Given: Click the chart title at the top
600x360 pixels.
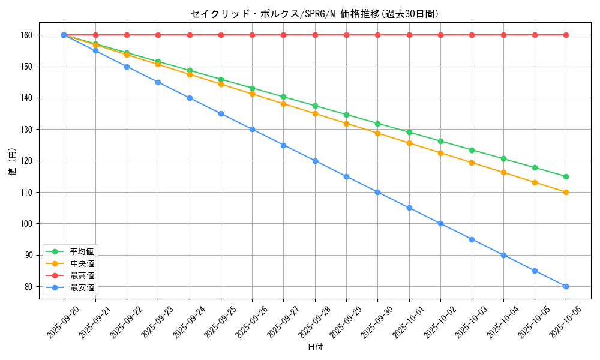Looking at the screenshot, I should point(319,14).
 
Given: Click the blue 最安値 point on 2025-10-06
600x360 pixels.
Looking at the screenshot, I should point(566,286).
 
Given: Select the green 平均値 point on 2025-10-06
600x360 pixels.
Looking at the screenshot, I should point(566,176).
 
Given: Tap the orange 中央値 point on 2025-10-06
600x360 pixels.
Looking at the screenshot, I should point(566,192).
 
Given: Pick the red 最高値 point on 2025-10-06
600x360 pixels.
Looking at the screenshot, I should point(566,35).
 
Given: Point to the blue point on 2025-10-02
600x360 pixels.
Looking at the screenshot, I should point(440,223).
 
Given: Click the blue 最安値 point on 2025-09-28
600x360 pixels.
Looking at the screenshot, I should point(315,161).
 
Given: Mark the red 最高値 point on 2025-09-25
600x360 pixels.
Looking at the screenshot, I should point(221,35).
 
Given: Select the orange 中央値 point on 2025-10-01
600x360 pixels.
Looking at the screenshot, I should point(409,143).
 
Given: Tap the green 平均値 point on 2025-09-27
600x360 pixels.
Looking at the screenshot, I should point(283,97).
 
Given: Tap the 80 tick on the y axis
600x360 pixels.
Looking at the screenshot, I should point(29,287).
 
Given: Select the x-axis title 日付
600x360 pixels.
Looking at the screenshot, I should point(315,347).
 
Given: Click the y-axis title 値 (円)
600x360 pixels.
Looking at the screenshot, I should point(13,161).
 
